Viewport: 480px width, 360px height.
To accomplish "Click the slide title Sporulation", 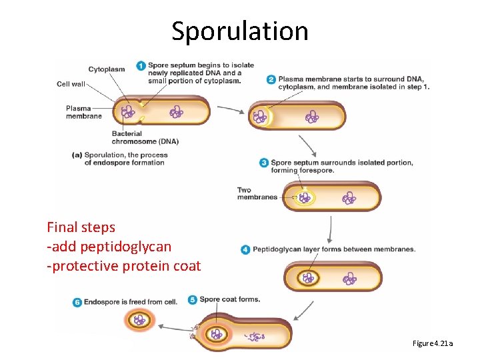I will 240,31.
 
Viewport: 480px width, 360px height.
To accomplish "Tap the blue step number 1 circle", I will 141,65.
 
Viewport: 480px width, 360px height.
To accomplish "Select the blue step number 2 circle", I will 271,79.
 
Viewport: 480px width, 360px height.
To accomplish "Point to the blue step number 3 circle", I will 264,163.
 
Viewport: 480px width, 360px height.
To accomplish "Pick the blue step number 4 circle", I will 246,249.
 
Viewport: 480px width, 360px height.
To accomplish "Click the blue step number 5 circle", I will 193,300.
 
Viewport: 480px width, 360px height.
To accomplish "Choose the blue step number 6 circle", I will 77,302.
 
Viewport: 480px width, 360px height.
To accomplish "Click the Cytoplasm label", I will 107,69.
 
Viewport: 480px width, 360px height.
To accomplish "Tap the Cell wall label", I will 71,85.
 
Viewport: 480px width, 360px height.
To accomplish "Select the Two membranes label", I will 257,194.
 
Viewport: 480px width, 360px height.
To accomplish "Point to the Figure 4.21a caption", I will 433,343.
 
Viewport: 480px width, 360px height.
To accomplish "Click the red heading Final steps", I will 81,227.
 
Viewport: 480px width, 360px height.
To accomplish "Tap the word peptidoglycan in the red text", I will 126,247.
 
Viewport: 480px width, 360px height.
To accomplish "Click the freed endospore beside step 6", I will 139,321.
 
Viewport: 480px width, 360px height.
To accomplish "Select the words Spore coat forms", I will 230,300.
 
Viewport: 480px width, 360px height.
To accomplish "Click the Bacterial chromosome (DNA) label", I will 145,137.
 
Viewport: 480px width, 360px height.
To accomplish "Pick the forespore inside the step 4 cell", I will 309,277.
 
